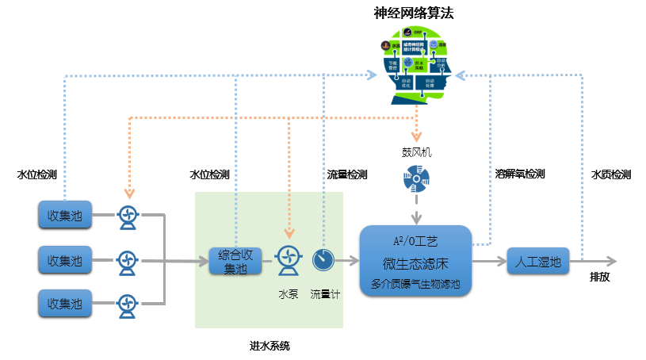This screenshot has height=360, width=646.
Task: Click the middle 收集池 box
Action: pos(65,259)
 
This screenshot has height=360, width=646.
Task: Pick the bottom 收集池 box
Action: pos(65,303)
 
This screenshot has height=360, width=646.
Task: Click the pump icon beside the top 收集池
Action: pos(127,216)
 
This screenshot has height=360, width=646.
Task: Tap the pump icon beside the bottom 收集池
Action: pos(127,304)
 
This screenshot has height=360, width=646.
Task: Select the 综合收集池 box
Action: pos(235,260)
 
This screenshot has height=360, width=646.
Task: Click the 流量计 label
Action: pos(325,294)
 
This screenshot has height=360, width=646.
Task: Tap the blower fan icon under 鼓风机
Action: pos(416,181)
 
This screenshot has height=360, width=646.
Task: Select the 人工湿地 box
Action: pos(539,260)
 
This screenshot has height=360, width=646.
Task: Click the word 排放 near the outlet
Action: pos(599,278)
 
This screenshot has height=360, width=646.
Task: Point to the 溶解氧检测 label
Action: pos(520,174)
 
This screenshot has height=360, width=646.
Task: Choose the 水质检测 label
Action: pos(611,174)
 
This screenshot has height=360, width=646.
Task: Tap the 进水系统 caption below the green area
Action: pos(269,346)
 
